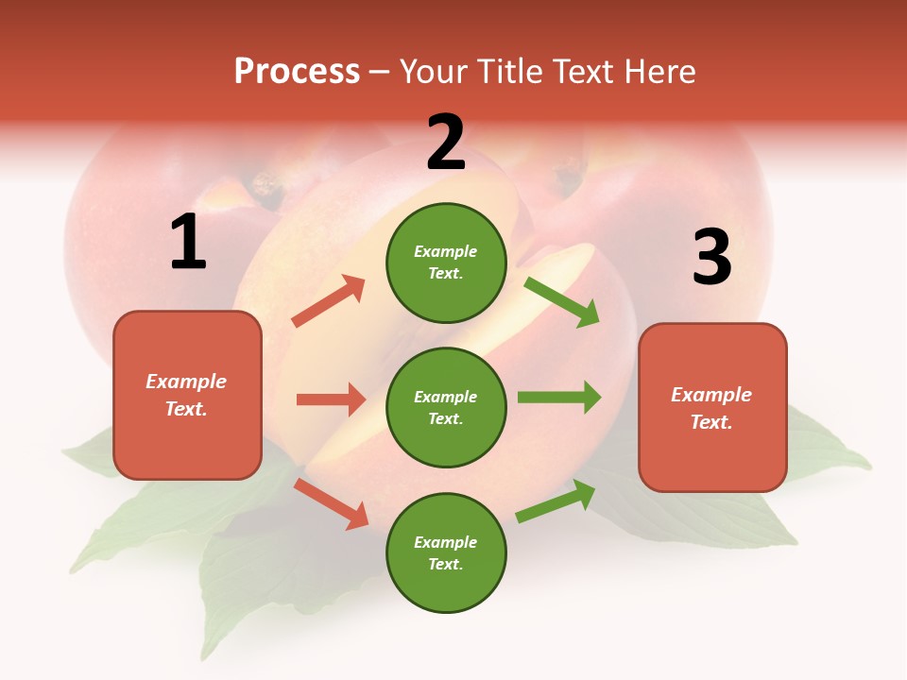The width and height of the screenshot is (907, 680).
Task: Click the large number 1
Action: pyautogui.click(x=188, y=243)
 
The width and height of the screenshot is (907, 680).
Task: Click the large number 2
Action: pyautogui.click(x=446, y=143)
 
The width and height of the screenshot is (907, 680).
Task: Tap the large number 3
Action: pyautogui.click(x=711, y=258)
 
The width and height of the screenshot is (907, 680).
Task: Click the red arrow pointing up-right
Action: pyautogui.click(x=329, y=300)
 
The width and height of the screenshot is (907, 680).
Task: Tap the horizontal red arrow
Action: pyautogui.click(x=331, y=399)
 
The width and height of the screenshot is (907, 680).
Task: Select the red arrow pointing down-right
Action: pyautogui.click(x=331, y=502)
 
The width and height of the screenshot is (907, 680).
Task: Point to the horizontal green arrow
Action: pyautogui.click(x=559, y=398)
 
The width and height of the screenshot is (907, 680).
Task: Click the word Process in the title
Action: pyautogui.click(x=297, y=71)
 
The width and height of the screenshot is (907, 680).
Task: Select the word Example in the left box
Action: pyautogui.click(x=186, y=382)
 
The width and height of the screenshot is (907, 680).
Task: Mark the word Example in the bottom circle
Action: pyautogui.click(x=445, y=542)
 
